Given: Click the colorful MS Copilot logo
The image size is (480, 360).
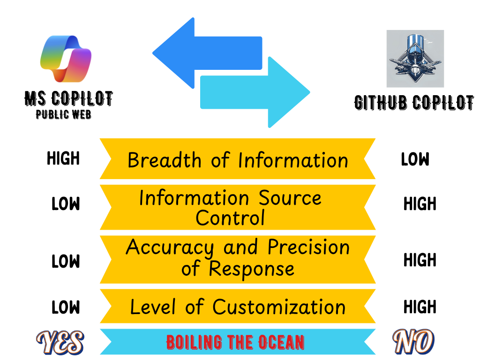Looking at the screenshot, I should tap(66, 58).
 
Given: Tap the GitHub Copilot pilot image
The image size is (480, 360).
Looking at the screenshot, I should tap(415, 59).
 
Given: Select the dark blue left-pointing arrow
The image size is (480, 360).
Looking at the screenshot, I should tap(206, 52).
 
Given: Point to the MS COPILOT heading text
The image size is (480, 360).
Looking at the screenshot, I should tap(68, 99).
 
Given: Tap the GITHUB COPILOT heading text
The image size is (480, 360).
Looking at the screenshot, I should tap(414, 103).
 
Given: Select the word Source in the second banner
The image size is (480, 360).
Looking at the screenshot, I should tap(291, 198).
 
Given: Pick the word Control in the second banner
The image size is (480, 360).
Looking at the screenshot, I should tap(230, 218).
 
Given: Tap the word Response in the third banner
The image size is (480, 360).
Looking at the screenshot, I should tap(251, 269).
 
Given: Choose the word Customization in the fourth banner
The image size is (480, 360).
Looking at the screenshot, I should tap(279, 307).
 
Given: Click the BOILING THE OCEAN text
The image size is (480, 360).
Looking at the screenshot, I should tap(235, 343).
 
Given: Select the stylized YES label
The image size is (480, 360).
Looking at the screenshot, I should tap(60, 342).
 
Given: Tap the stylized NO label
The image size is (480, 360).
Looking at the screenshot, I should tap(413, 342).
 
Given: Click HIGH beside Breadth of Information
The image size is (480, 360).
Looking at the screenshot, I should tap(63, 159).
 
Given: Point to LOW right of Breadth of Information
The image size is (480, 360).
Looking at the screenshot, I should tap(415, 160).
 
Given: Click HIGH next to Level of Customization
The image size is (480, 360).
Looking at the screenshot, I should tap(420, 307).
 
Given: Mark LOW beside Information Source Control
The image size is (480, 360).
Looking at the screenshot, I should tap(66, 204).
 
